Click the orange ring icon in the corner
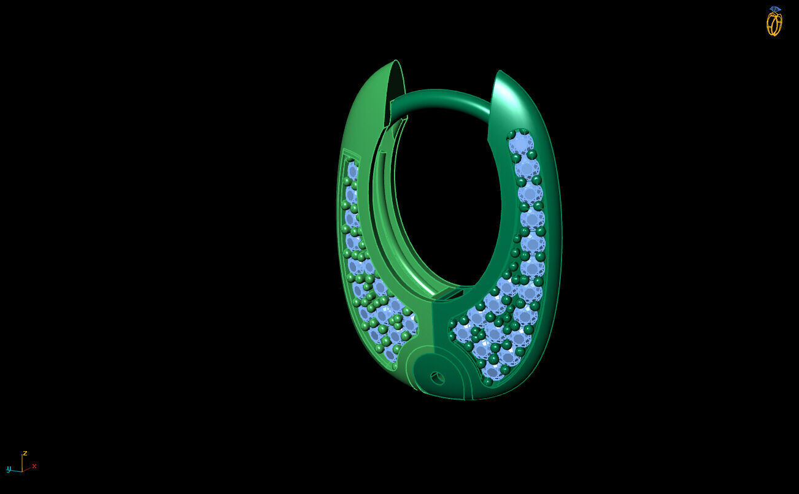[774, 24]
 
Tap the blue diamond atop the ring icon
[774, 9]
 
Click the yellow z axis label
[25, 453]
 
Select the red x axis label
[34, 466]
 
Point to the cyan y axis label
[9, 469]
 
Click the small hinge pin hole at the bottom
[437, 378]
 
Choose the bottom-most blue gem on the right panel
[492, 370]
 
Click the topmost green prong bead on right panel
[511, 135]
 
